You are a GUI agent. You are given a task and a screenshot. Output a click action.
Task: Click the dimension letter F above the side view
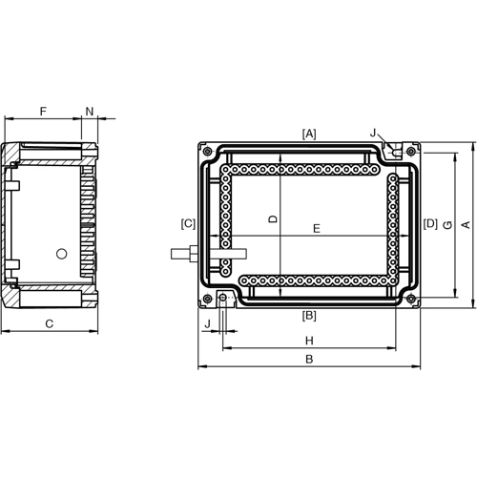pyautogui.click(x=43, y=112)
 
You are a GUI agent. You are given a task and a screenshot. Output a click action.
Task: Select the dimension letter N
pyautogui.click(x=90, y=112)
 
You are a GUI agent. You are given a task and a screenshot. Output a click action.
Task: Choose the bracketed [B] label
pyautogui.click(x=309, y=315)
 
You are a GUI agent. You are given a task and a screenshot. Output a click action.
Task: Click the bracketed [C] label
pyautogui.click(x=188, y=224)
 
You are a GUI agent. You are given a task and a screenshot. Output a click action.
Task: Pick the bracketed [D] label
pyautogui.click(x=430, y=224)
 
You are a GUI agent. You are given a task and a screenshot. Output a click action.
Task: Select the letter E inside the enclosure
pyautogui.click(x=316, y=228)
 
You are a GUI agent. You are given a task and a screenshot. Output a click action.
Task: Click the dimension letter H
pyautogui.click(x=309, y=341)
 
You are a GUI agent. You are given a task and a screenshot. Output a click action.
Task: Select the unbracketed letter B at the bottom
pyautogui.click(x=308, y=360)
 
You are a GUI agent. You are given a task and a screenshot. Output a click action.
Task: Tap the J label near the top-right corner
pyautogui.click(x=374, y=134)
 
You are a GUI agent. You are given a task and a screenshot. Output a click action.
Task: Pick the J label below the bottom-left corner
pyautogui.click(x=207, y=325)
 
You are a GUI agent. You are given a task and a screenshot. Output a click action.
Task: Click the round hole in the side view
pyautogui.click(x=62, y=254)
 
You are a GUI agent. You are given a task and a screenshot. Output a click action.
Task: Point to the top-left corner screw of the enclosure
pyautogui.click(x=207, y=150)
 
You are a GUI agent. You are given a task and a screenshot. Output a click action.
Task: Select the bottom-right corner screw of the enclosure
pyautogui.click(x=410, y=299)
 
